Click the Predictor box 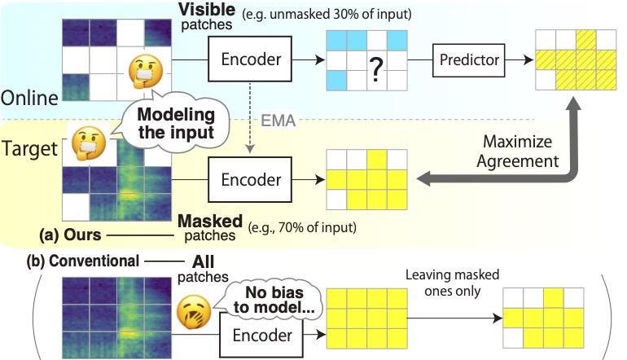click(468, 60)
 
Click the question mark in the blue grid click(375, 73)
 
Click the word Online click(29, 98)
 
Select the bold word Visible click(205, 12)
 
